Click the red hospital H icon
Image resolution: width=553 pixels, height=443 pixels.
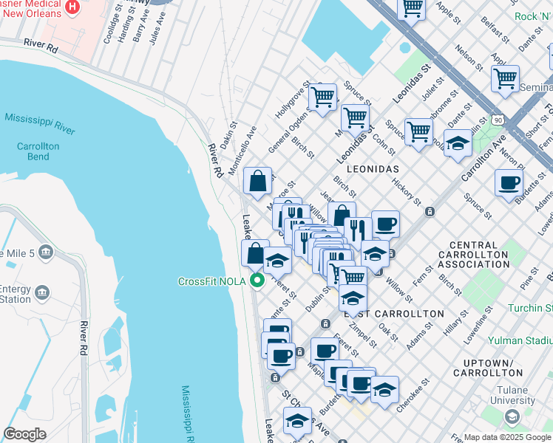coord(72,7)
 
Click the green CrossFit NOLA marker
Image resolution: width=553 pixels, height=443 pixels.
coord(257,281)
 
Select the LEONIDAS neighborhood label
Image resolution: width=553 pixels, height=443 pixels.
coord(362,169)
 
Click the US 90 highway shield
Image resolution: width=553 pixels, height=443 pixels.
coord(499,119)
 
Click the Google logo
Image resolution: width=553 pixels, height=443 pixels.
coord(24,434)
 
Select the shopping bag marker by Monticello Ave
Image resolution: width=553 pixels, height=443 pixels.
coord(257,181)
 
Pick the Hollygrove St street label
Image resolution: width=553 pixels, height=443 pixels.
coord(291,103)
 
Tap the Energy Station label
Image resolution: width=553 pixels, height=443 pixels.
coord(15,294)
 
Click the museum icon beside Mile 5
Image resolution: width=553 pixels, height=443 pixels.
coord(46,253)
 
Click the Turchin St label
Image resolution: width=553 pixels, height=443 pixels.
coord(532,307)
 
